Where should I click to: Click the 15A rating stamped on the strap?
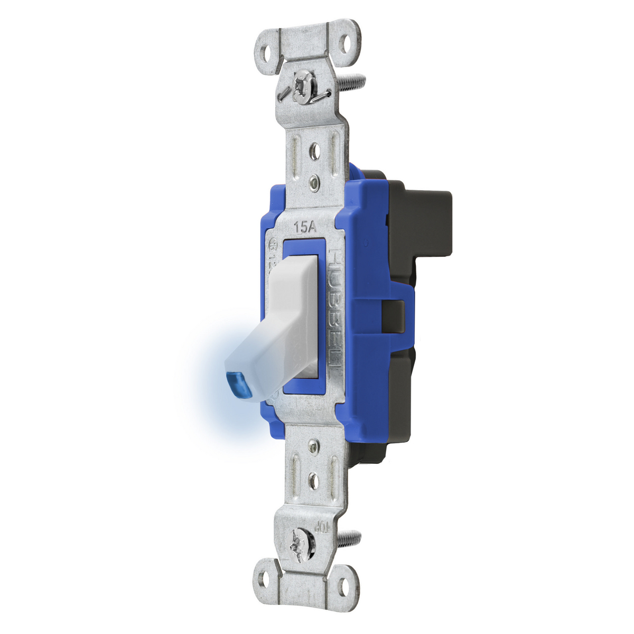305,228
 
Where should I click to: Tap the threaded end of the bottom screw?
350,539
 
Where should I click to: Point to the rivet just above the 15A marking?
315,183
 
